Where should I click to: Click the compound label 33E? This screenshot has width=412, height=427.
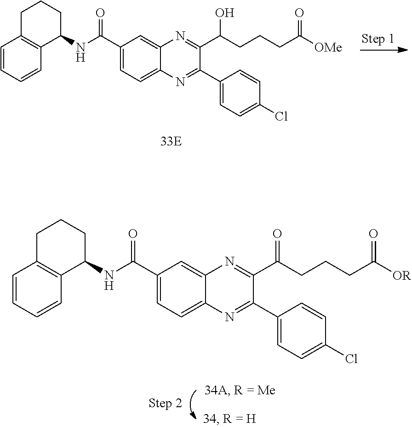(x=171, y=141)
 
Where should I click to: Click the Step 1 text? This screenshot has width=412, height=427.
(x=378, y=39)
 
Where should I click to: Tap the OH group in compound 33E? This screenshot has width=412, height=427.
(x=225, y=13)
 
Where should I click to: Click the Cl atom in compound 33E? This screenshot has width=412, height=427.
(x=281, y=116)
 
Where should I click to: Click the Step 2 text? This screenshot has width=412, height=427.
(x=165, y=404)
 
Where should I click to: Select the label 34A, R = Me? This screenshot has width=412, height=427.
(x=240, y=391)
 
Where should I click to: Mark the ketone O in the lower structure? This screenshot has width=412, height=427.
(x=277, y=233)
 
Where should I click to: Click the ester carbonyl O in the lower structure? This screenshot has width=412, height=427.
(x=373, y=233)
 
